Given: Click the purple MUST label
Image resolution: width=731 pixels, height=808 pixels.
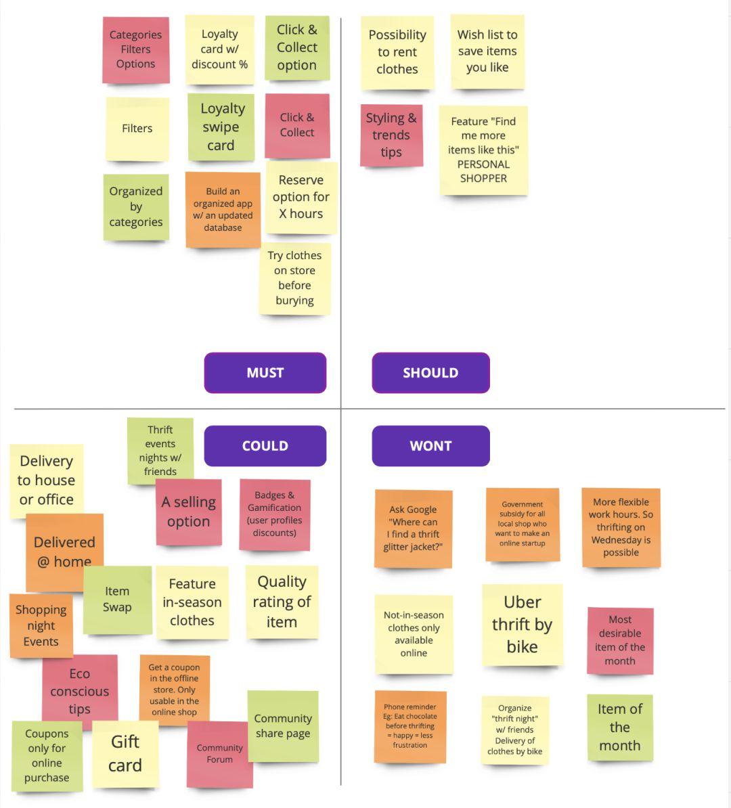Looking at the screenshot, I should coord(265,373).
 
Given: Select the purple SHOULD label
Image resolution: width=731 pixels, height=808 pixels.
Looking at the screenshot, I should coord(430,373).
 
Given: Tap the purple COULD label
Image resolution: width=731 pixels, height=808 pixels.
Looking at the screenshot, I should coord(265,446).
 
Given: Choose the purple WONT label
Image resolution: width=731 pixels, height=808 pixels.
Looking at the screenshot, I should coord(430,446).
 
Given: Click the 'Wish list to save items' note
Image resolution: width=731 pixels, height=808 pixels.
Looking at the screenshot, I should coord(487,51).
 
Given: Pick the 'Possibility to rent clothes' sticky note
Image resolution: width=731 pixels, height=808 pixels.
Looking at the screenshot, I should coord(397,52).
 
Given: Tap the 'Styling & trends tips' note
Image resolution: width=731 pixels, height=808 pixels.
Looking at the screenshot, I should coord(391,135).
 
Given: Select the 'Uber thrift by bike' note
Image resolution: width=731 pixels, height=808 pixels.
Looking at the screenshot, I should coord(522,625).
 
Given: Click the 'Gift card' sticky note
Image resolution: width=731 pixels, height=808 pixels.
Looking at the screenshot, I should coord(125,753).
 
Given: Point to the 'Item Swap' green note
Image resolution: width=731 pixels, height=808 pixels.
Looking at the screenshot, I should coord(117,600).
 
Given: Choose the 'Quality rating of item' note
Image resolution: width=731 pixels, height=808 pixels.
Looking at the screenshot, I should coord(282,602).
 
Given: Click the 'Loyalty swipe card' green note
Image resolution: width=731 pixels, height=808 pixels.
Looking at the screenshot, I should coord(221,127).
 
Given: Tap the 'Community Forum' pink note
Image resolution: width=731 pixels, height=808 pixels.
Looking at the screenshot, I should coord(219,754).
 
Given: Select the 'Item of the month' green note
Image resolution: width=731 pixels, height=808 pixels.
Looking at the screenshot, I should coord(619,727).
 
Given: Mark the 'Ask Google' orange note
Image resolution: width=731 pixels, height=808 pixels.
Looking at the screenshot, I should coord(413,529).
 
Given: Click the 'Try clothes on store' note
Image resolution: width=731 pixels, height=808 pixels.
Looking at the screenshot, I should coord(294,278).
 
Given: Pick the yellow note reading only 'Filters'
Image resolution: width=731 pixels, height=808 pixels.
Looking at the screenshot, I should coord(137,129).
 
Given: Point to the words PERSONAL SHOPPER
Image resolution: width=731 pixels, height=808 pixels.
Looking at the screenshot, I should coord(483,171).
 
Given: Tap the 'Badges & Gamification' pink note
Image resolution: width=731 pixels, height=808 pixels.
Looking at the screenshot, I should coord(274,514).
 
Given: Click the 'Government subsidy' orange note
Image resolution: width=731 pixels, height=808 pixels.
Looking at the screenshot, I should coord(522,524).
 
